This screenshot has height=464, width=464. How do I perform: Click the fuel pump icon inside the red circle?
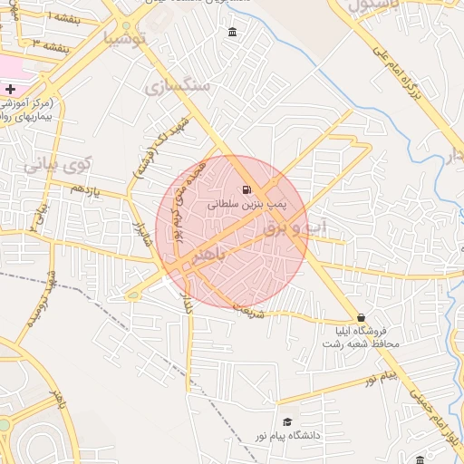(x=246, y=189)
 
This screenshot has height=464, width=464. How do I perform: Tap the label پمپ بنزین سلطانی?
(x=246, y=206)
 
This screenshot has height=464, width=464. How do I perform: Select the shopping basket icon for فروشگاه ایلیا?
(x=362, y=318)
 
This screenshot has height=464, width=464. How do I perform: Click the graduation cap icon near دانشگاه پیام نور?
(x=288, y=421)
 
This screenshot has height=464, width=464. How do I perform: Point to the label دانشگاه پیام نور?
(x=288, y=437)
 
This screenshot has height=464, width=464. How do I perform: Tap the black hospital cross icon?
(x=10, y=89)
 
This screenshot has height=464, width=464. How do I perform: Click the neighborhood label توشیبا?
(x=125, y=39)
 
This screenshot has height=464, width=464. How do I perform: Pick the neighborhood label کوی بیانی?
(x=59, y=166)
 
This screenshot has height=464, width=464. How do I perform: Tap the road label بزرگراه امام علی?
(x=400, y=74)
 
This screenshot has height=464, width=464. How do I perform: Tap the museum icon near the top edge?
(x=233, y=34)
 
